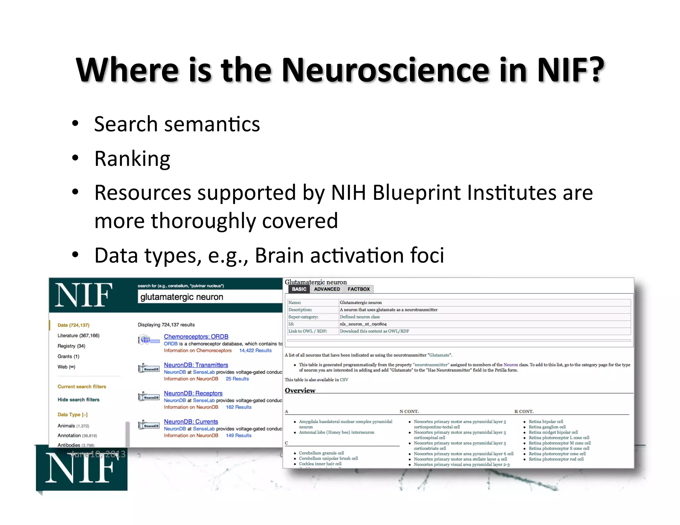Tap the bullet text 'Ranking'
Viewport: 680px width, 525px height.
click(132, 159)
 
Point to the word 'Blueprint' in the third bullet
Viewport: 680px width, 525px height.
click(416, 192)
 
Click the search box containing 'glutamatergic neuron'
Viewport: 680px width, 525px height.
click(209, 297)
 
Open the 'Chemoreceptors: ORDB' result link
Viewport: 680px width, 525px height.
click(196, 337)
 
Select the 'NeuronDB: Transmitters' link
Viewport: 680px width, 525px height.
click(196, 365)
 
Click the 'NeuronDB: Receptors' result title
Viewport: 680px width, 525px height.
click(193, 393)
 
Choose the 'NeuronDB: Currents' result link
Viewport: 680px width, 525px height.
click(191, 421)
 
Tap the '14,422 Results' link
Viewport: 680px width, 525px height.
click(255, 350)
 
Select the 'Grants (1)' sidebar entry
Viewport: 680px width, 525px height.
click(68, 356)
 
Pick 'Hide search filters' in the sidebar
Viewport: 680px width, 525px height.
click(78, 400)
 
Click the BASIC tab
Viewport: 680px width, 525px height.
click(299, 289)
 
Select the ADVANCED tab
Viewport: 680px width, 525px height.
click(327, 289)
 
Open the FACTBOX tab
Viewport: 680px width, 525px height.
click(359, 289)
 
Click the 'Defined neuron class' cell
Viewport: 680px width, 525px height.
click(360, 317)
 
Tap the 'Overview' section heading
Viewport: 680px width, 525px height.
click(300, 391)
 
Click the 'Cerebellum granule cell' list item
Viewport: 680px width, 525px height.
click(321, 453)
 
